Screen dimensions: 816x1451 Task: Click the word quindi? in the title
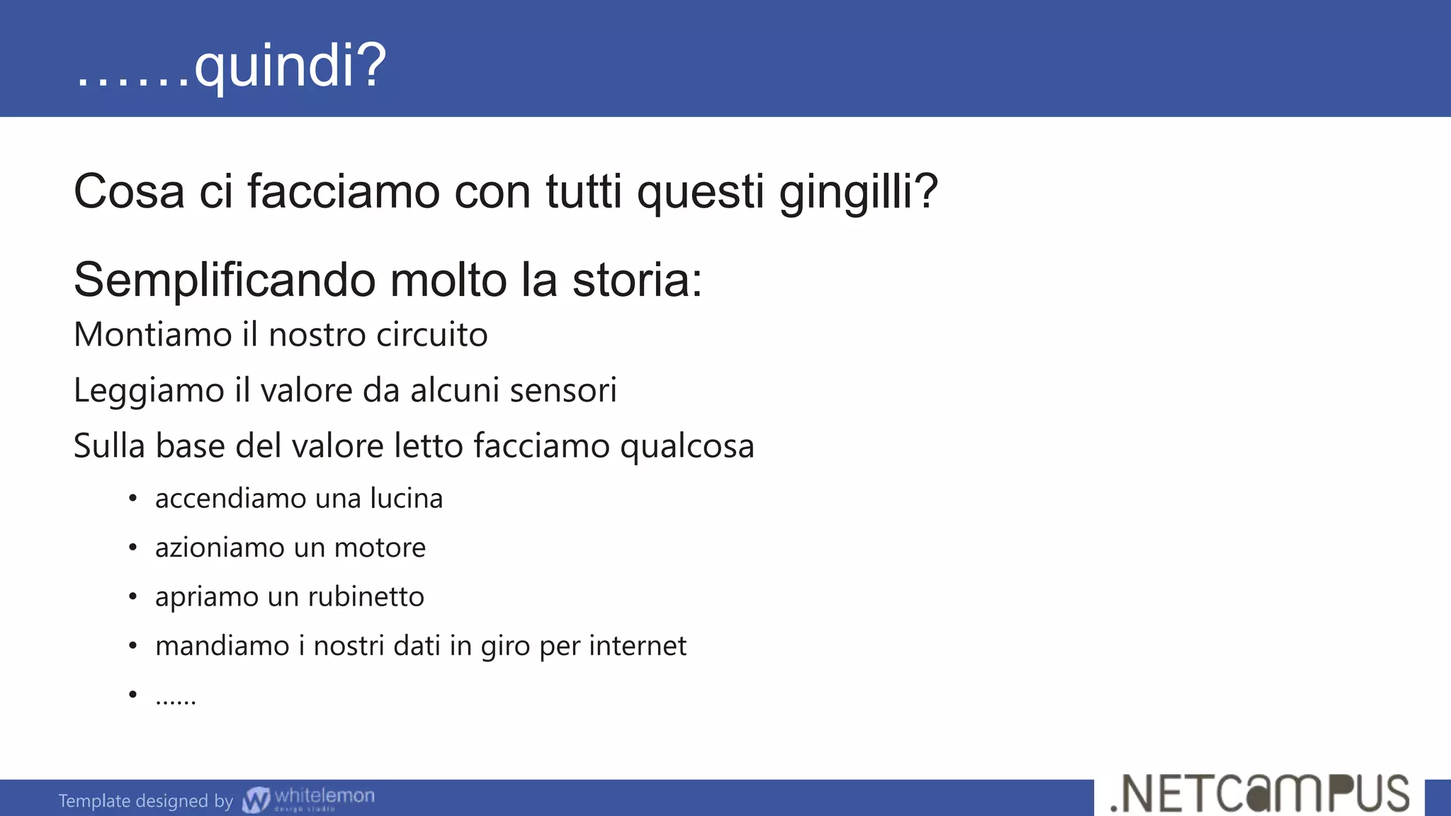(290, 66)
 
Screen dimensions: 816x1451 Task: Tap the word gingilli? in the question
(858, 192)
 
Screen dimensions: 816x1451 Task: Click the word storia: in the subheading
(637, 280)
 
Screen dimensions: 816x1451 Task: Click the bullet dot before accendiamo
(132, 499)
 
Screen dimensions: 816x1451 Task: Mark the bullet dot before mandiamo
(132, 646)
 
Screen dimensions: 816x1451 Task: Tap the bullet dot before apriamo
(132, 596)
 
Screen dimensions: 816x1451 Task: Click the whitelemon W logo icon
(256, 800)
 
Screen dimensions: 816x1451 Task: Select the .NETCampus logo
(1260, 795)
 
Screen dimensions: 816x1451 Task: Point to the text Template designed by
(145, 801)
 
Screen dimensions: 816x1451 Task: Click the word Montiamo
(152, 335)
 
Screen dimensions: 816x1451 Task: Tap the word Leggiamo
(149, 390)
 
